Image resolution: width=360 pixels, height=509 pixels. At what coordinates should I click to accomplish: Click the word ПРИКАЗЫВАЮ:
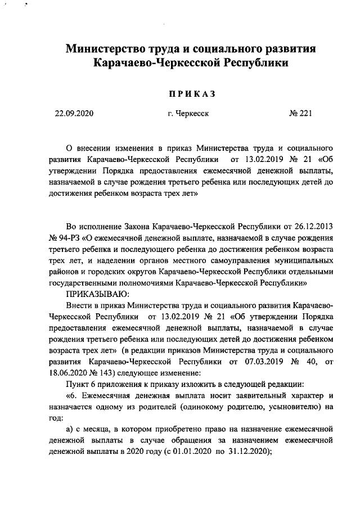pyautogui.click(x=98, y=294)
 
